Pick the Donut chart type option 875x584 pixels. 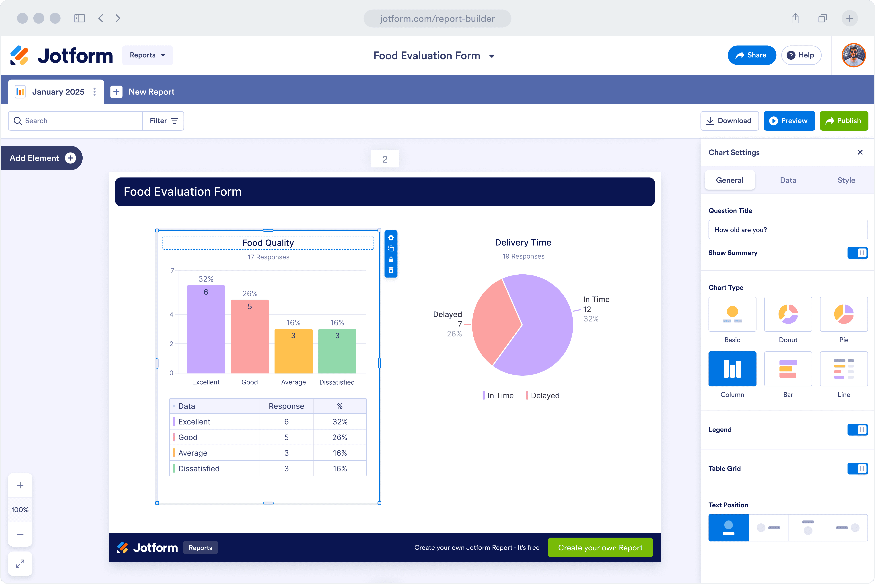(x=788, y=314)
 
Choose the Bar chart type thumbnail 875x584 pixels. (x=788, y=369)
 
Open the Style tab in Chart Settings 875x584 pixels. (x=846, y=180)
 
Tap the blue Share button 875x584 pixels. (x=751, y=55)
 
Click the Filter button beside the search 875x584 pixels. (x=163, y=121)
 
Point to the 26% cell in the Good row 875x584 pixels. (x=340, y=437)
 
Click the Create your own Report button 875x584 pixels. (x=600, y=548)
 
